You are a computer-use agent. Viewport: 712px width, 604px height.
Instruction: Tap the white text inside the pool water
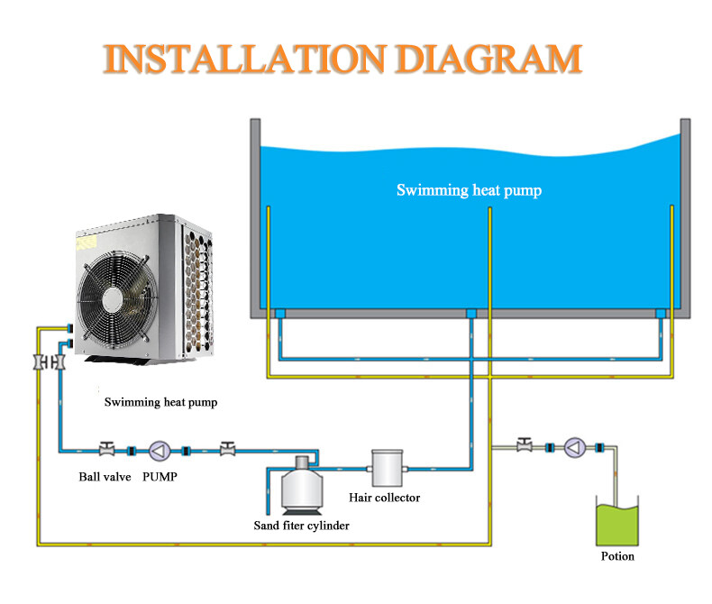click(x=469, y=190)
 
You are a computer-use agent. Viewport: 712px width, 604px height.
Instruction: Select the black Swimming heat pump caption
click(x=160, y=402)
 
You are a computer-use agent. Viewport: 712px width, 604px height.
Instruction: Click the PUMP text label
click(x=160, y=476)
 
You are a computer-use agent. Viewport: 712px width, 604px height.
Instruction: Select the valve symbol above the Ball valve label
click(x=106, y=449)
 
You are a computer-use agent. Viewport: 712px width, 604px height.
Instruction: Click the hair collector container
click(x=385, y=469)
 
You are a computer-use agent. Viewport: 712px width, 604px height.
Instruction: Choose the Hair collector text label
click(x=384, y=498)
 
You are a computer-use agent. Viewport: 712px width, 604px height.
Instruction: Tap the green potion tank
click(x=617, y=524)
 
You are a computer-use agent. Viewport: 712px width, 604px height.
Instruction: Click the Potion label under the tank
click(x=617, y=556)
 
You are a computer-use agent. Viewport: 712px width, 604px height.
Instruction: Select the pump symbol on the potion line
click(x=574, y=447)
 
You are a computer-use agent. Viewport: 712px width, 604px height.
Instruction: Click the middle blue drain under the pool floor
click(x=470, y=313)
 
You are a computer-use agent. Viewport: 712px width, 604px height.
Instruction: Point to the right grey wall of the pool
click(x=685, y=216)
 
